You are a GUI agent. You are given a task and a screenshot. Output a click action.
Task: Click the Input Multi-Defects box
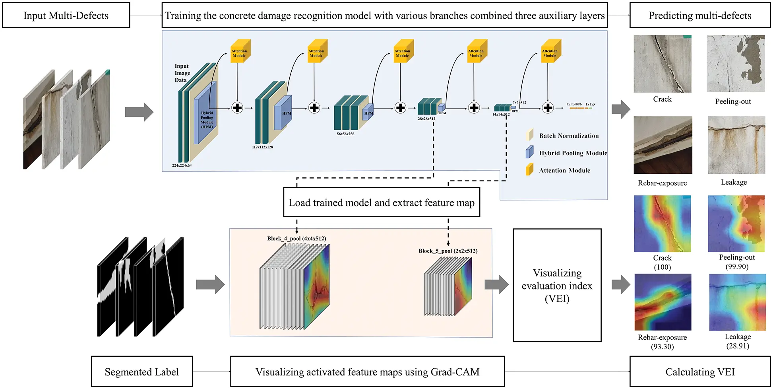point(66,16)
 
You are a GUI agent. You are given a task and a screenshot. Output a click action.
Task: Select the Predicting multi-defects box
point(699,16)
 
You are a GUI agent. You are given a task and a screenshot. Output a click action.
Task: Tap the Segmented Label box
point(141,371)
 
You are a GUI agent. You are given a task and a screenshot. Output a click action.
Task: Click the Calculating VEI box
point(699,371)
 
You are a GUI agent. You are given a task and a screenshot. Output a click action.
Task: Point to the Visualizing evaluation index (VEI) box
point(557,285)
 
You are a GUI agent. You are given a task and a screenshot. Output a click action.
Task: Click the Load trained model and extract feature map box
point(381,202)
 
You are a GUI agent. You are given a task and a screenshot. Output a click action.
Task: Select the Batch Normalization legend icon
point(529,135)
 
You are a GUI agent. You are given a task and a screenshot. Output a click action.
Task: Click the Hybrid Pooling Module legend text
point(573,153)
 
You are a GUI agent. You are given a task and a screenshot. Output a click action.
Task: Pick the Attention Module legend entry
point(564,170)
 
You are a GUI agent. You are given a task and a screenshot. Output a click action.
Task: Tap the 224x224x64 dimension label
point(182,165)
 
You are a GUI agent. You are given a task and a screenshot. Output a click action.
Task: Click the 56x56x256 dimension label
point(345,134)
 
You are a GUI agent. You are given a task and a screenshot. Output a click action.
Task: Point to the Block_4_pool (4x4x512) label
point(296,239)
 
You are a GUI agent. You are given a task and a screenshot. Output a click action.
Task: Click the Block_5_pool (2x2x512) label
point(448,251)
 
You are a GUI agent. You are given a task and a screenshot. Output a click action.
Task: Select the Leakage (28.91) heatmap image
point(737,302)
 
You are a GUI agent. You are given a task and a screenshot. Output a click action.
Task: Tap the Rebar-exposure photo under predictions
point(663,145)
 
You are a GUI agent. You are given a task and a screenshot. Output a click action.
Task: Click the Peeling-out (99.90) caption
point(737,262)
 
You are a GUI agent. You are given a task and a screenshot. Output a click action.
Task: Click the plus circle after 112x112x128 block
point(314,108)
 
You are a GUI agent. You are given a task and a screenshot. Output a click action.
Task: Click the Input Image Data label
point(182,73)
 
